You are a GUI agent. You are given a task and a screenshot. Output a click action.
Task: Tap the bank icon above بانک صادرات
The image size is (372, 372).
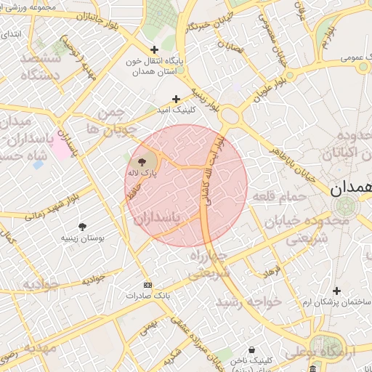pyautogui.click(x=148, y=285)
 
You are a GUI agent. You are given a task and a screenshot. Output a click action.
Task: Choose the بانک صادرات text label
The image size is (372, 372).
pyautogui.click(x=147, y=296)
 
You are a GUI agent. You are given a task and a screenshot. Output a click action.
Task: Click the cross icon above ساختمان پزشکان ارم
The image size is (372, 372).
pyautogui.click(x=336, y=291)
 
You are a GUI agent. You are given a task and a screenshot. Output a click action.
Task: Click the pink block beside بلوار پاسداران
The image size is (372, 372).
pyautogui.click(x=60, y=147)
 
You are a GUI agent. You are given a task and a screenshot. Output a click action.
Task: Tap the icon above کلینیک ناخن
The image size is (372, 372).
pyautogui.click(x=251, y=349)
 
